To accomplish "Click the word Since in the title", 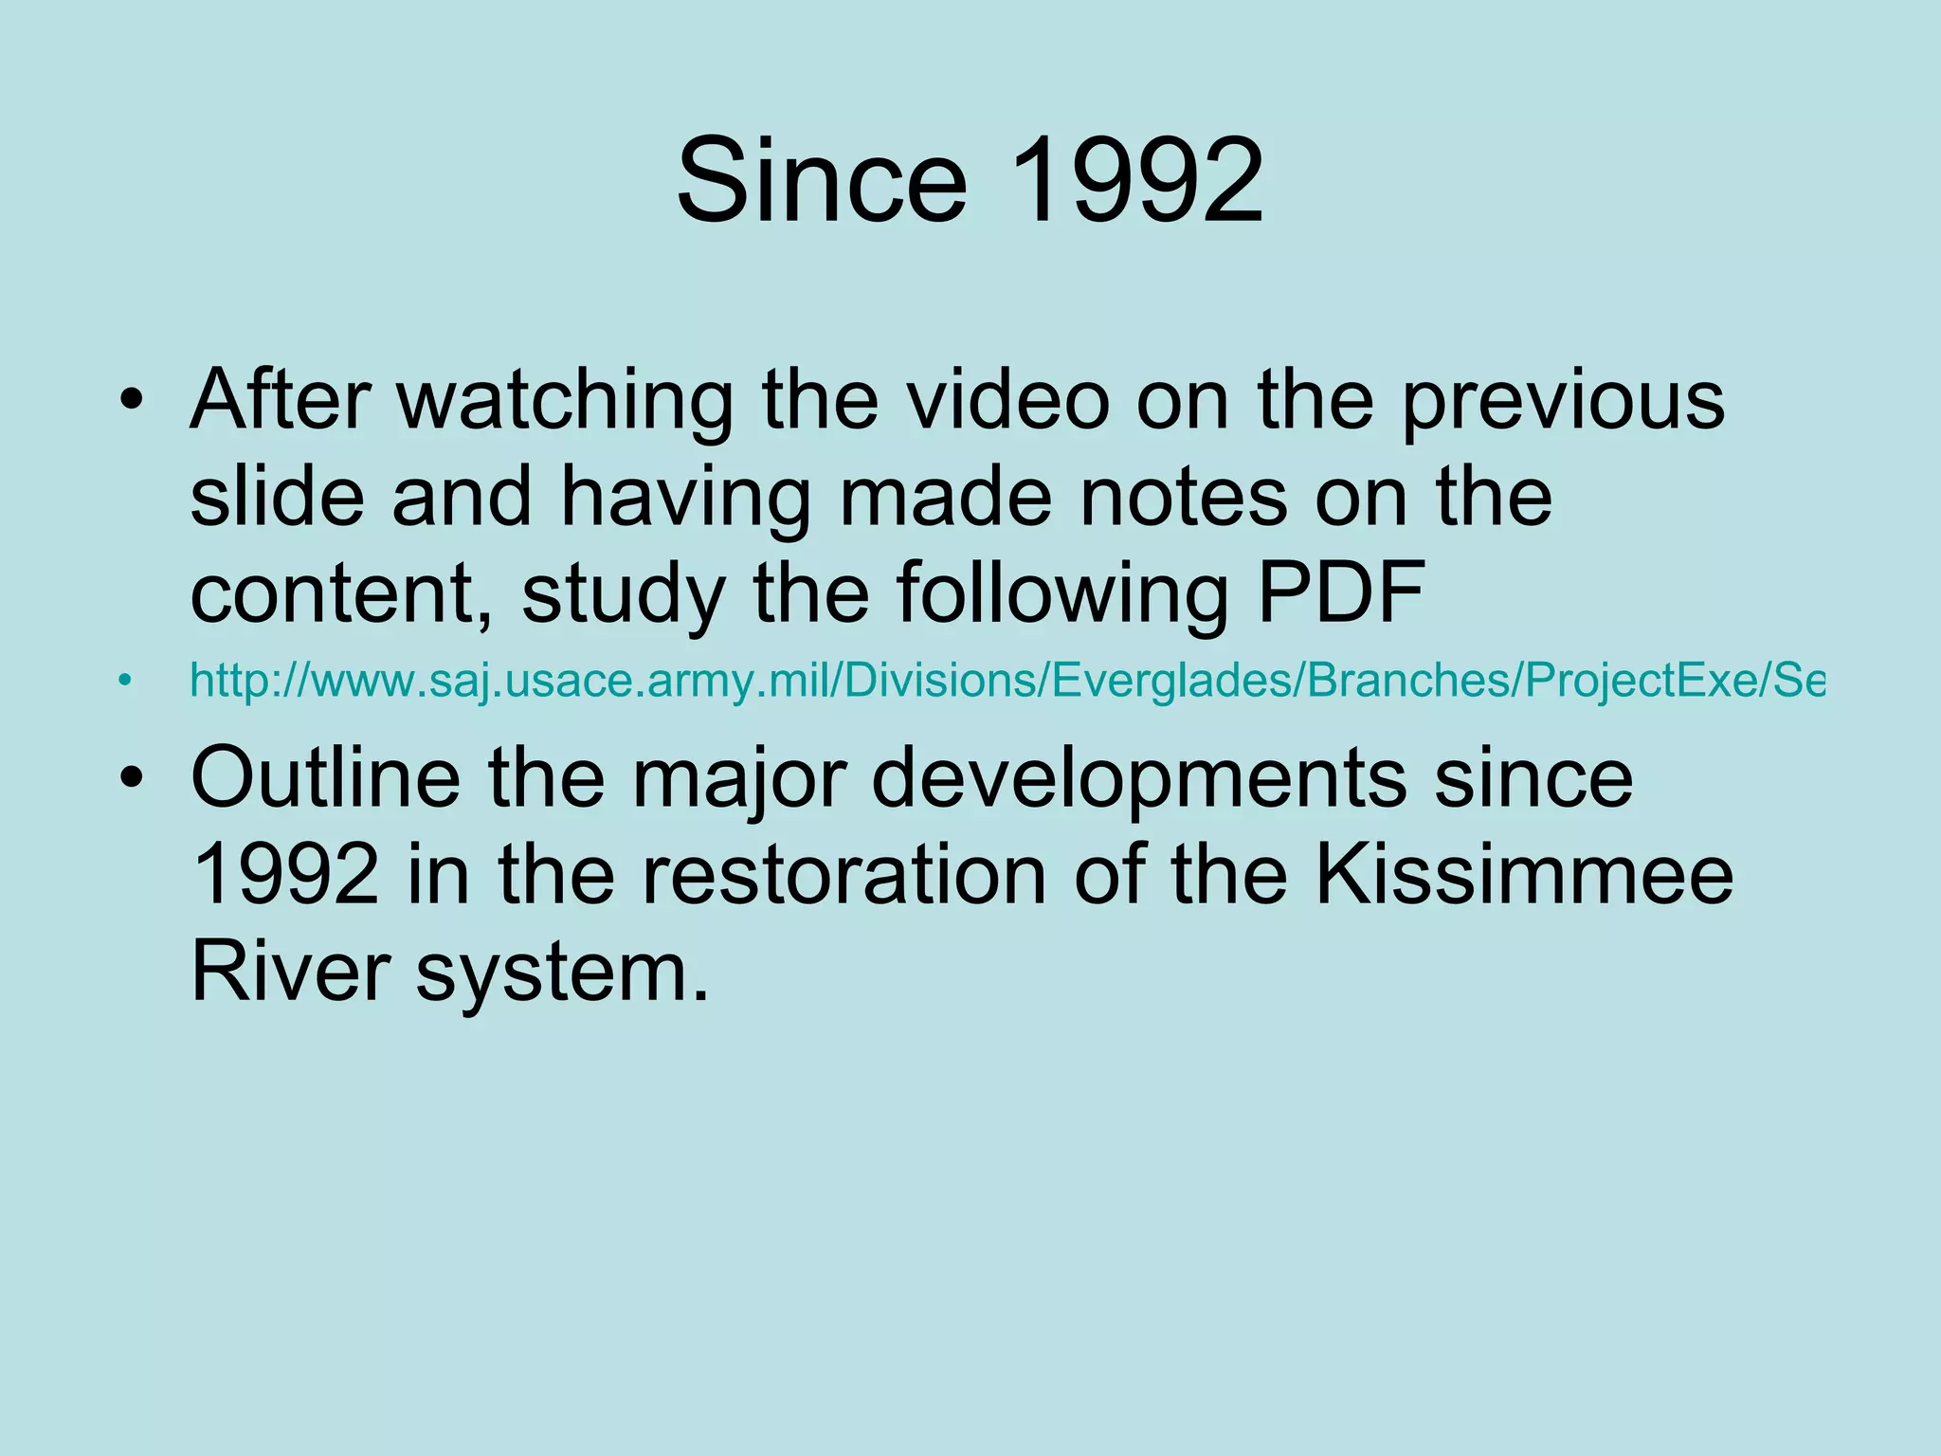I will pyautogui.click(x=822, y=180).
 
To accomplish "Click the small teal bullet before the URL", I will pyautogui.click(x=123, y=680).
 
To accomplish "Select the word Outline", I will pyautogui.click(x=325, y=777).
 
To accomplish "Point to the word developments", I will pyautogui.click(x=1138, y=777).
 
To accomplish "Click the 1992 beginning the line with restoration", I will pyautogui.click(x=285, y=874).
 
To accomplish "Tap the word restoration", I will pyautogui.click(x=844, y=874).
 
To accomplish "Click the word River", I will pyautogui.click(x=290, y=971).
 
